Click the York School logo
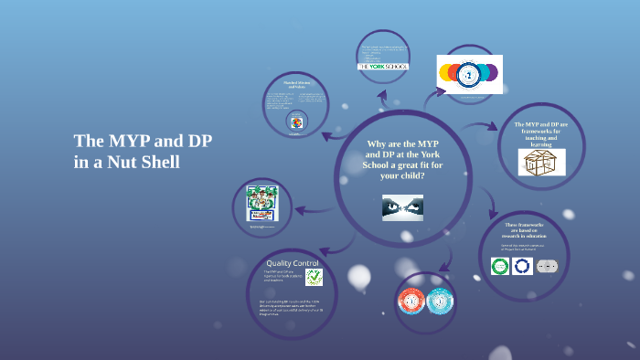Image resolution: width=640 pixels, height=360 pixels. [382, 67]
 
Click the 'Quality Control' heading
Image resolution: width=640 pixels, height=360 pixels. [293, 263]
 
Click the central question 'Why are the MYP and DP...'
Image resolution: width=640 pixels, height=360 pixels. [402, 160]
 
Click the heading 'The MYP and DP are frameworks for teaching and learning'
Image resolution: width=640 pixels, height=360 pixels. [541, 133]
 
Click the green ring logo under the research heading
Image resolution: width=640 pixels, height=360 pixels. [499, 266]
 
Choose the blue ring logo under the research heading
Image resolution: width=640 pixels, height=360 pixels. [522, 266]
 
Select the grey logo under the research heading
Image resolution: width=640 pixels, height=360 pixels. [547, 266]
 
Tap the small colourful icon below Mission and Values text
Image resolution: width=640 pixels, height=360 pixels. [295, 122]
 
